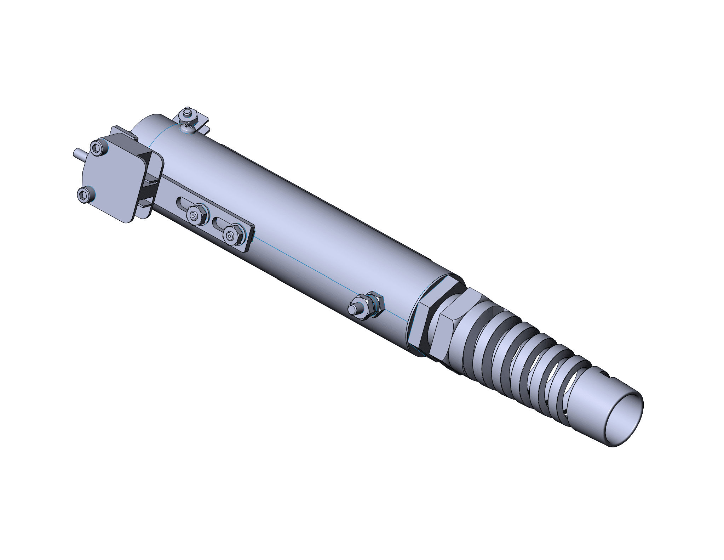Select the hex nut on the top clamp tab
coord(187,114)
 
